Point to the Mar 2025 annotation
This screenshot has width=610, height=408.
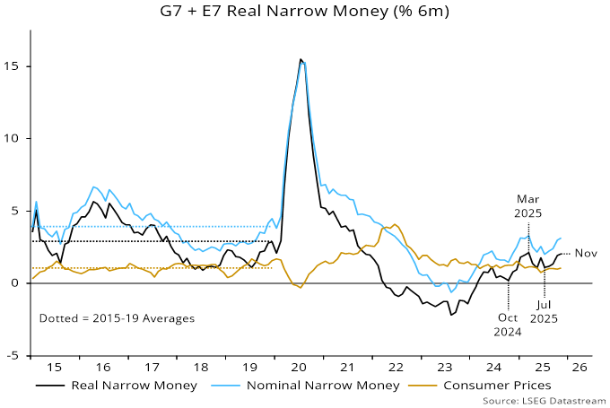click(528, 206)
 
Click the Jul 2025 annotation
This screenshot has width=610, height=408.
click(545, 310)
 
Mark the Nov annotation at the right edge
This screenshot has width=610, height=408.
click(586, 254)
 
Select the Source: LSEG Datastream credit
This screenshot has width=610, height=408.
click(545, 399)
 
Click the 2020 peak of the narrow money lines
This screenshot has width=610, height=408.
click(301, 60)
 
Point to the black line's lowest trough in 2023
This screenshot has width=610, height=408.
click(451, 315)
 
